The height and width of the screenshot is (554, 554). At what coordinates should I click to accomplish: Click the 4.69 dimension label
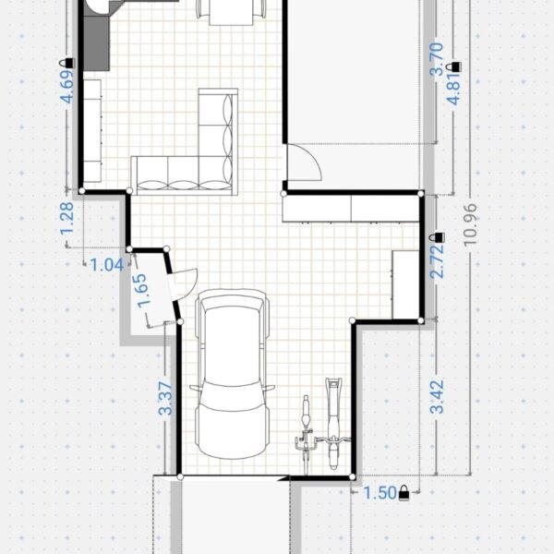[x=67, y=87]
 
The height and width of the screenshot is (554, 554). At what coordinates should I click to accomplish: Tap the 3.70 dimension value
[x=437, y=59]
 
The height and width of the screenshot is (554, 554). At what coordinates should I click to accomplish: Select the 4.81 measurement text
[x=454, y=89]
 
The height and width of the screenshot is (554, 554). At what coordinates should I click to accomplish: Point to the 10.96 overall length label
[x=471, y=224]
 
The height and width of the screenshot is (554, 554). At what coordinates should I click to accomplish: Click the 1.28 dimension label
[x=67, y=218]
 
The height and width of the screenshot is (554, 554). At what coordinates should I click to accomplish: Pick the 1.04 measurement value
[x=107, y=265]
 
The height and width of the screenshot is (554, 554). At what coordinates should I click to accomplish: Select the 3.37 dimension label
[x=165, y=398]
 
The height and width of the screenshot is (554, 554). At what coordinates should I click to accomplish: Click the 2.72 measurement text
[x=437, y=260]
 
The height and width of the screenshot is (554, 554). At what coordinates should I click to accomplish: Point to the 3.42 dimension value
[x=437, y=396]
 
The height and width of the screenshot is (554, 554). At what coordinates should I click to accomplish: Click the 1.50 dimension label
[x=379, y=493]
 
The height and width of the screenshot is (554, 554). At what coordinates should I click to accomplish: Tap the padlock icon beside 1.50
[x=403, y=493]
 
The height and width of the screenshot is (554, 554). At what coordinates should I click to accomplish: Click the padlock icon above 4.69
[x=67, y=63]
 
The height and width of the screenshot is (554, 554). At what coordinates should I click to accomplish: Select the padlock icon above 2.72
[x=439, y=237]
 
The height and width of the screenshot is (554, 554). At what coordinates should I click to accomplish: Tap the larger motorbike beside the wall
[x=332, y=424]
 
